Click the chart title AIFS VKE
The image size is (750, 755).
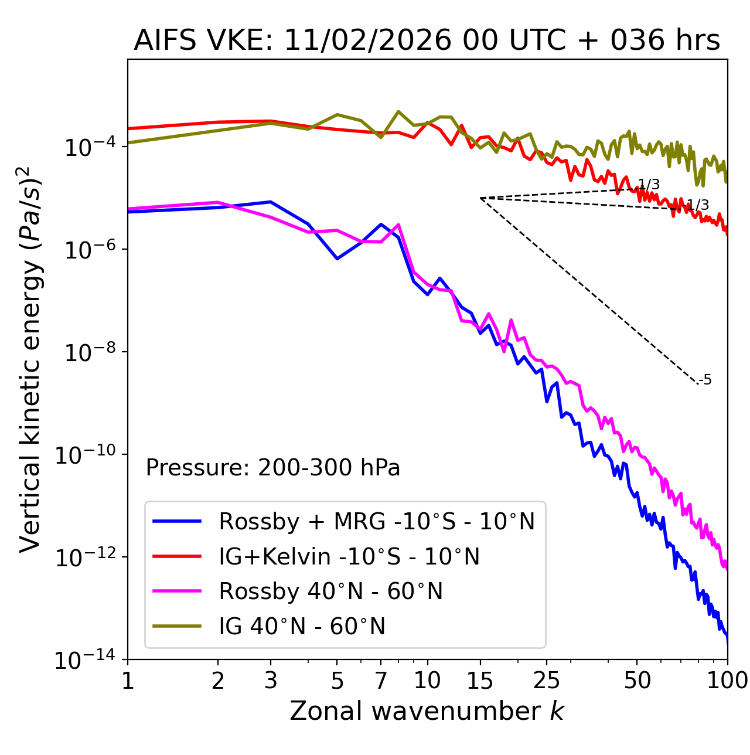click(x=427, y=41)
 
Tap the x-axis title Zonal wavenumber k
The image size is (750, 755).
click(x=427, y=711)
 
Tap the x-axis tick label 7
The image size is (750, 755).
click(x=381, y=681)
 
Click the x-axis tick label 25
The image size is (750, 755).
click(x=546, y=681)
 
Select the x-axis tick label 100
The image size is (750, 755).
click(x=727, y=681)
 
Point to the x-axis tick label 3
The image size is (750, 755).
click(x=271, y=681)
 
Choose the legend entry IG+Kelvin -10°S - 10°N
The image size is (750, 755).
click(x=349, y=556)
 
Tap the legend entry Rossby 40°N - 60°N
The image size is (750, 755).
click(x=330, y=591)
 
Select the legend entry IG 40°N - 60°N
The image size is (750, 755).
click(x=302, y=627)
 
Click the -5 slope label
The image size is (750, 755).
click(x=706, y=380)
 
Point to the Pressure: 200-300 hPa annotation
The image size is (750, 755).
click(x=272, y=468)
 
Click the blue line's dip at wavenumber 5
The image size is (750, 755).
click(x=337, y=259)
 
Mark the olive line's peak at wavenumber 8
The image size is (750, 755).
click(x=398, y=111)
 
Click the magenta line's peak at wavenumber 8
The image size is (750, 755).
click(x=398, y=225)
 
